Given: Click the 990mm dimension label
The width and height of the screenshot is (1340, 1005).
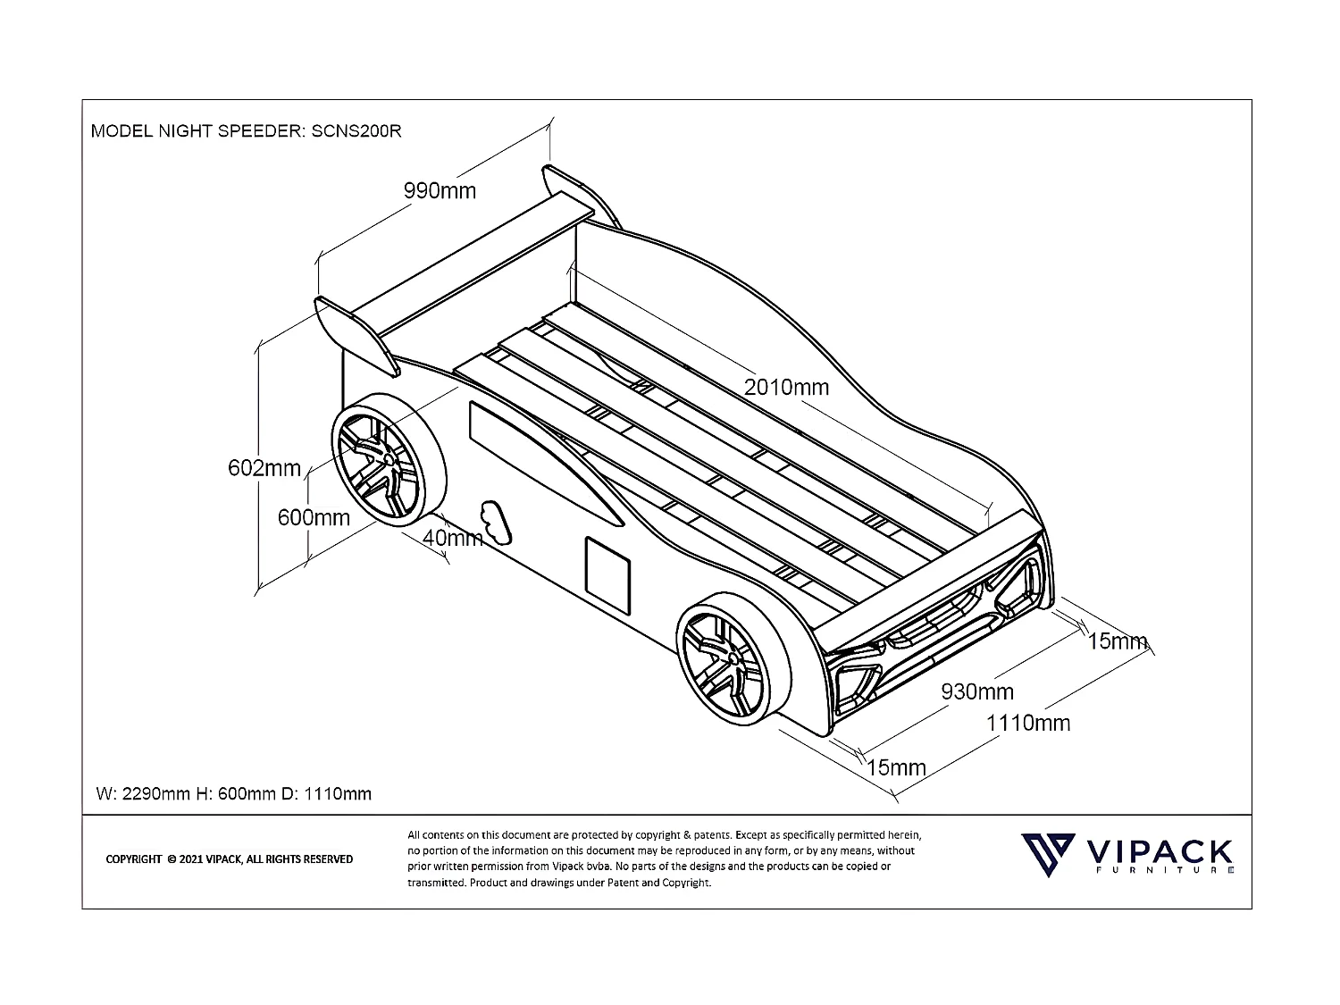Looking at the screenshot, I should (x=440, y=191).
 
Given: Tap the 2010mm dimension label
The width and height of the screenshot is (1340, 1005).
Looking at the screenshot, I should (x=786, y=388).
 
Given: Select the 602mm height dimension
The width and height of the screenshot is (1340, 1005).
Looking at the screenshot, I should (x=264, y=468).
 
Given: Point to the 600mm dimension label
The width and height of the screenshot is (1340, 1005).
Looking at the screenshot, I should (x=314, y=517).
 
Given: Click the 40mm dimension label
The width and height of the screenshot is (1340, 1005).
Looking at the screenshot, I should (x=452, y=538).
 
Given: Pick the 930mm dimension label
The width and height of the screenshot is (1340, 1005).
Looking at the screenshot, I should (x=977, y=691).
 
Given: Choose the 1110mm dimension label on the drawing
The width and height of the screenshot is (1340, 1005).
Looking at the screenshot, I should (x=1027, y=723).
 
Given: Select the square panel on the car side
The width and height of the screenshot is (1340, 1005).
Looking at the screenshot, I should (x=607, y=571).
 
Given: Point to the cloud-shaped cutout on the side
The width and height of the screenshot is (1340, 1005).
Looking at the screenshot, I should (x=497, y=522).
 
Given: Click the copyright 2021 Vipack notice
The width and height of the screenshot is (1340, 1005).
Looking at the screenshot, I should (x=230, y=859).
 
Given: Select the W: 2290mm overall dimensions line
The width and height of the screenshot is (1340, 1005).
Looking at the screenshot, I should (x=233, y=793).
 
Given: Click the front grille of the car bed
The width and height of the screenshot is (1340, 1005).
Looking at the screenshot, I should (x=938, y=625).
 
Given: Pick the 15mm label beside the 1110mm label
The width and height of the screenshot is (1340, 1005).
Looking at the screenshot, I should (x=1117, y=641).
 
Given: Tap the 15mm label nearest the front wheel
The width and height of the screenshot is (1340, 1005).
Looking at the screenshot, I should (x=896, y=767).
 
